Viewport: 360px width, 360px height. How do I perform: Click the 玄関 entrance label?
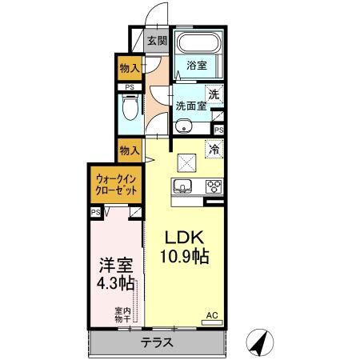156,40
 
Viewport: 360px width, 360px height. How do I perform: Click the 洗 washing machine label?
213,93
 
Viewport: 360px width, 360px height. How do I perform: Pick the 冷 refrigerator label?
214,149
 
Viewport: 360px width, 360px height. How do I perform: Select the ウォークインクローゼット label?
115,187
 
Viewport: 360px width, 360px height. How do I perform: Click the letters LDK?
186,238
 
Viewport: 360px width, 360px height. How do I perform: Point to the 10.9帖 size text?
186,258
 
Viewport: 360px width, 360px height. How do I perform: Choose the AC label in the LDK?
213,315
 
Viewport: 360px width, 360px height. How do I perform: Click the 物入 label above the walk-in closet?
130,150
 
